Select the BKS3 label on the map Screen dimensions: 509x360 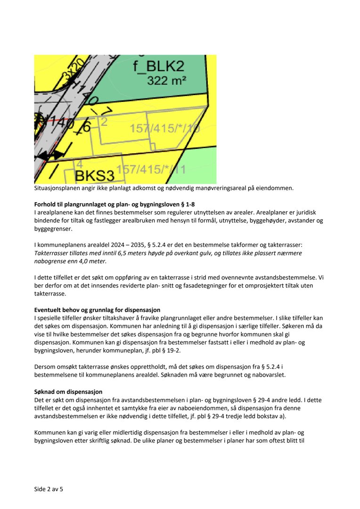click(x=95, y=176)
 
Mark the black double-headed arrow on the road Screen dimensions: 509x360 click(x=50, y=155)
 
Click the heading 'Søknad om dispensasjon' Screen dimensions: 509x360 click(x=68, y=392)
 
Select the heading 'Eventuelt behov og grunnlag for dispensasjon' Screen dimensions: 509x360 click(x=98, y=310)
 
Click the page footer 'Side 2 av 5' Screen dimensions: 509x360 click(x=49, y=489)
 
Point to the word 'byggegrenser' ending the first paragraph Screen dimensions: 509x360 click(x=53, y=229)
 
